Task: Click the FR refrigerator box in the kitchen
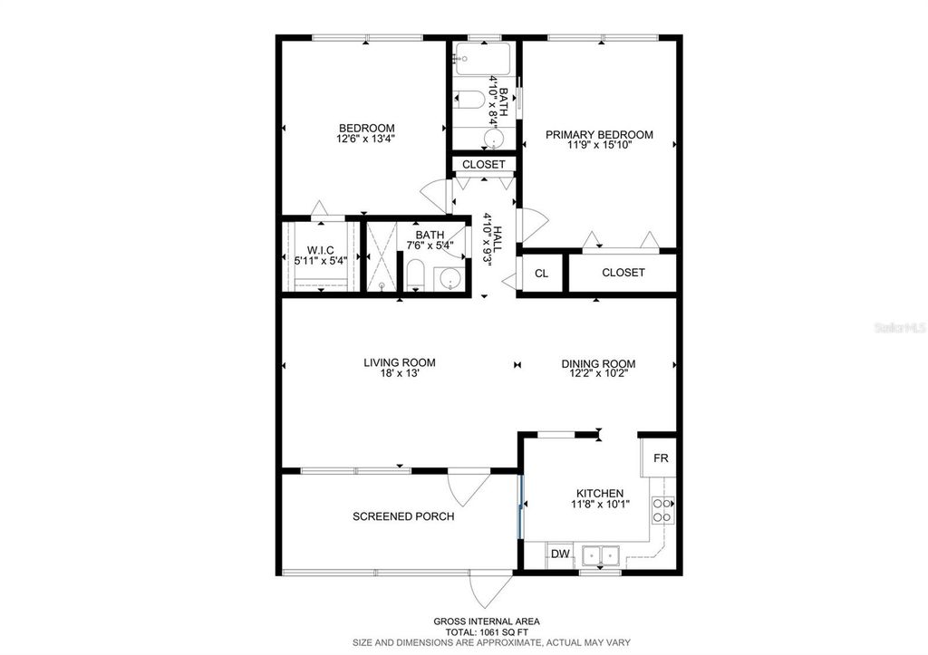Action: [661, 458]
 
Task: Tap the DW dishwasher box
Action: [560, 554]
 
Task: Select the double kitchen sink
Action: [599, 554]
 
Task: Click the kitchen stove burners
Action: [663, 510]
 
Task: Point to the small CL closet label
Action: [541, 273]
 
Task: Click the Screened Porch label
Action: [403, 516]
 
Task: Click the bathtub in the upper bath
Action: [484, 60]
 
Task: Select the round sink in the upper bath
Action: [493, 139]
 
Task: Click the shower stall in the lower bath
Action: [381, 256]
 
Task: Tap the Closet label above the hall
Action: [484, 165]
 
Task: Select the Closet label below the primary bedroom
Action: [623, 273]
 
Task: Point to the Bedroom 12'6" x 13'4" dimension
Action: [366, 139]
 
